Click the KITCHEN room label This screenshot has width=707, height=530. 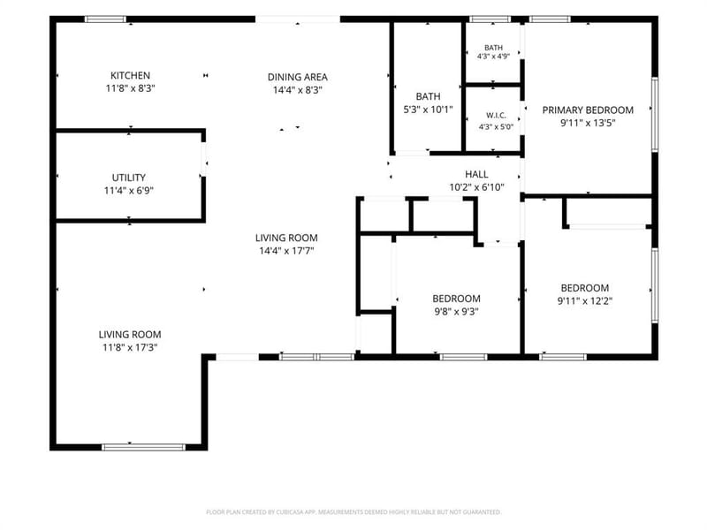[130, 75]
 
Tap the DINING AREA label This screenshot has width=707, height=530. [298, 77]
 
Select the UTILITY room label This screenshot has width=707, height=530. [129, 178]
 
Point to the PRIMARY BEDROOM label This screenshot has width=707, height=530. [588, 110]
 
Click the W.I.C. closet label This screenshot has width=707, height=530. [496, 116]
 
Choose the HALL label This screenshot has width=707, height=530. [476, 174]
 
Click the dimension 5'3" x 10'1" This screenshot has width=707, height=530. [428, 109]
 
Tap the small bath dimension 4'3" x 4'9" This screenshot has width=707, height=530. [494, 57]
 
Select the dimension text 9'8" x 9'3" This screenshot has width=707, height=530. [456, 312]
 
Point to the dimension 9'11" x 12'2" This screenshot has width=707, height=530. [585, 301]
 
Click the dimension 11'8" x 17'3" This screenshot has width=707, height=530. [130, 347]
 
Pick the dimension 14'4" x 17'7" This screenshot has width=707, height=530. [286, 251]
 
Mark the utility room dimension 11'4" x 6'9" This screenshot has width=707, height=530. [129, 191]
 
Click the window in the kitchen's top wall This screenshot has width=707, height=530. [106, 19]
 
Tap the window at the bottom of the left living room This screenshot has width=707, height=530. [143, 447]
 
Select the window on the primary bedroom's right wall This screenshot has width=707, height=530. [655, 114]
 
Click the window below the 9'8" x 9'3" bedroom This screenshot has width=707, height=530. [464, 357]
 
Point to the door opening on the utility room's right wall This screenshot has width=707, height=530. [204, 160]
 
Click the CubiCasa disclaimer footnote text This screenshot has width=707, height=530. [353, 512]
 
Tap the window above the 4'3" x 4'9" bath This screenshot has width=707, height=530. [490, 19]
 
